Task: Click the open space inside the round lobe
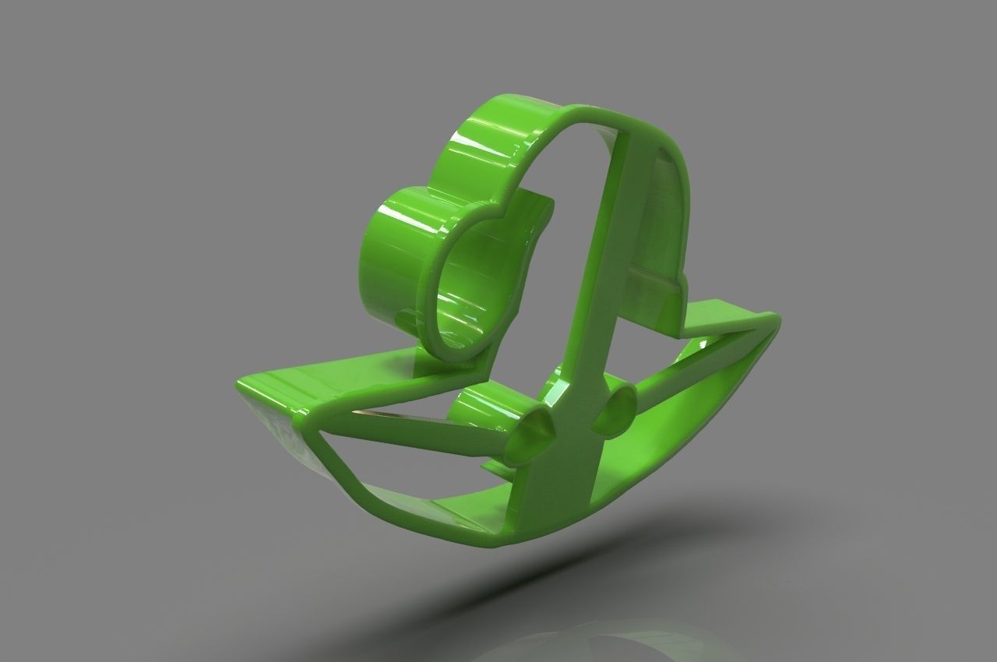pos(467,288)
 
